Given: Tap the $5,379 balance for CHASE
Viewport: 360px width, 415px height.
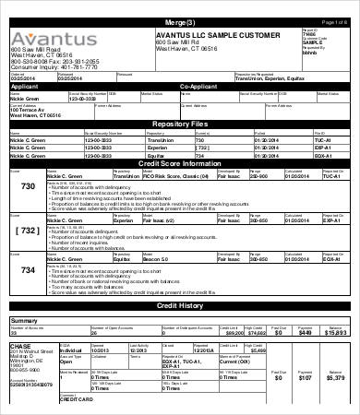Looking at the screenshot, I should coord(336,378).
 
